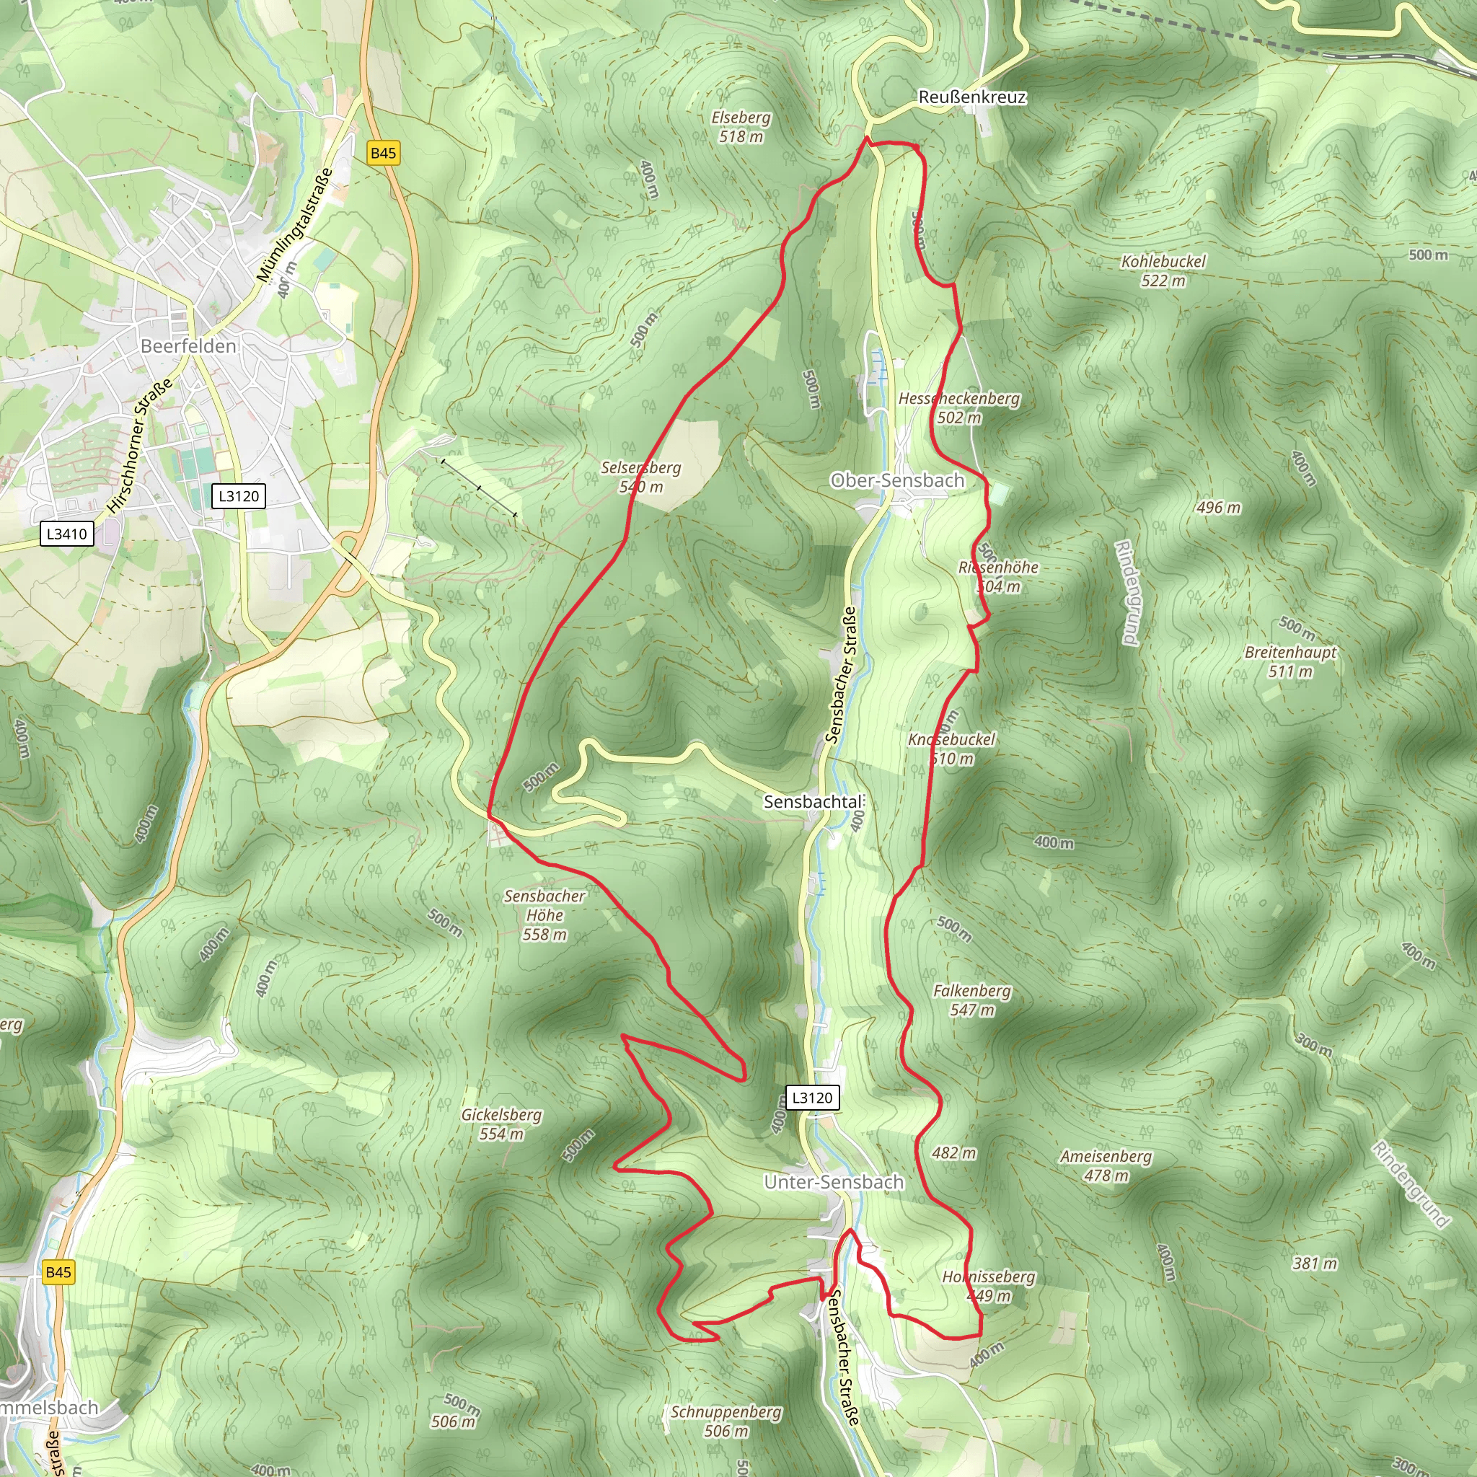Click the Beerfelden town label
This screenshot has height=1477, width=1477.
click(x=188, y=346)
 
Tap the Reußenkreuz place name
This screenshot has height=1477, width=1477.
click(x=971, y=97)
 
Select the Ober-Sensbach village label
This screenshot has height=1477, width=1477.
click(x=897, y=480)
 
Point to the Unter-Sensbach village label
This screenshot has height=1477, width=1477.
click(x=834, y=1182)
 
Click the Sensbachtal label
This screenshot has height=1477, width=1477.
click(x=813, y=802)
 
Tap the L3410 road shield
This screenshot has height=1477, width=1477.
click(x=67, y=534)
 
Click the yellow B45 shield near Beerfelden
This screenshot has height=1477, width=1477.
click(x=383, y=153)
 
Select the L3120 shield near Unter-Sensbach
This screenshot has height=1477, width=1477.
click(x=812, y=1098)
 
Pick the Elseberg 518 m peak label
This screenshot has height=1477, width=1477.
click(x=741, y=127)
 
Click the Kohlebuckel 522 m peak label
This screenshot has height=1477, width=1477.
click(x=1163, y=270)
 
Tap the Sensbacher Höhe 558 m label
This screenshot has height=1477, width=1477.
click(x=544, y=914)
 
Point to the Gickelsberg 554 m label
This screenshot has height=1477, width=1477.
click(x=501, y=1124)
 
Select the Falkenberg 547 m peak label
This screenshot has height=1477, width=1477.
click(x=971, y=1000)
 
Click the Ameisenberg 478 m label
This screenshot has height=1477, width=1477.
click(x=1106, y=1165)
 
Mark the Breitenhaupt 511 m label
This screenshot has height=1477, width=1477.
click(x=1290, y=661)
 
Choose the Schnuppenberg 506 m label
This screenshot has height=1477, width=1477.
click(x=726, y=1421)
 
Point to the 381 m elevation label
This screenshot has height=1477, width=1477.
click(x=1315, y=1263)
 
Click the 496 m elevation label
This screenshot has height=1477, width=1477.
click(x=1219, y=508)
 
